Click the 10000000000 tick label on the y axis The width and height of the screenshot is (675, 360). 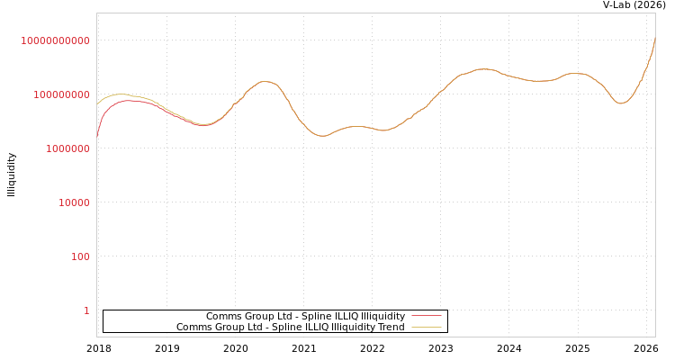coord(55,40)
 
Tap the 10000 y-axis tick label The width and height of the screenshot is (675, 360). coord(74,202)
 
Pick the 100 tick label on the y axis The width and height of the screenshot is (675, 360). coord(80,256)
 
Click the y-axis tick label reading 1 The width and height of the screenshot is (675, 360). coord(86,310)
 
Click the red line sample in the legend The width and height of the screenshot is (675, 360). coord(426,316)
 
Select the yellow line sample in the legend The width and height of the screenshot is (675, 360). coord(426,327)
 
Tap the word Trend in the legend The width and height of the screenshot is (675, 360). coord(391,327)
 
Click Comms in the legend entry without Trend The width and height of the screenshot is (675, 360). coord(221,316)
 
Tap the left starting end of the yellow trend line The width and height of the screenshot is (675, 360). coord(97,104)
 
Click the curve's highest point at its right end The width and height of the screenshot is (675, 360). coord(654,40)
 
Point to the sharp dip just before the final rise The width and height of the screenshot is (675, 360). coord(620,103)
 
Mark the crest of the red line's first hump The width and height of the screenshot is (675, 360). coord(130,101)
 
